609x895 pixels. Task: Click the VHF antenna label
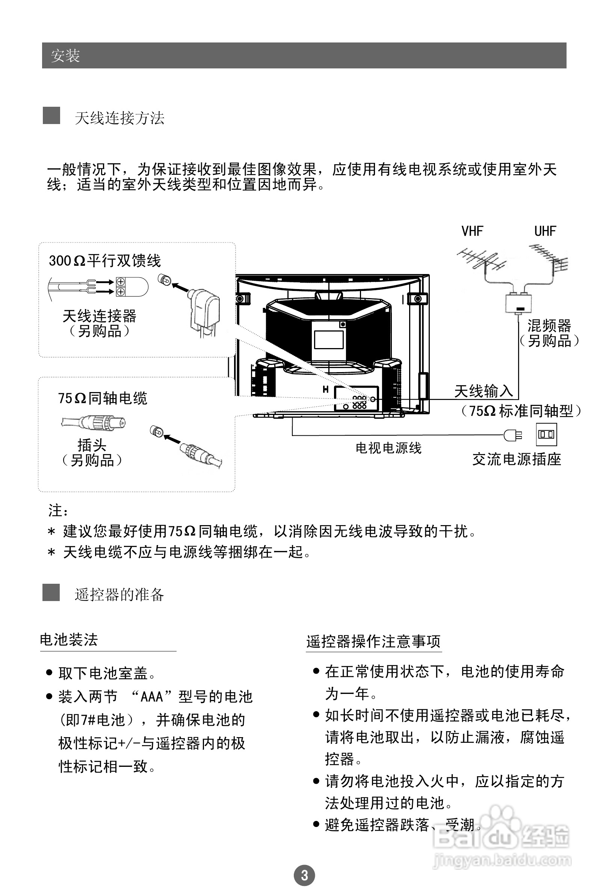point(472,231)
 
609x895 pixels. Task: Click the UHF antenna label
point(545,231)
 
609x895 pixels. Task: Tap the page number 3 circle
point(304,875)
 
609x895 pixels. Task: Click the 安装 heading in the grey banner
point(65,56)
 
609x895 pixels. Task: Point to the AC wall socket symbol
point(546,435)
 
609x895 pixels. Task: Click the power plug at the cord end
point(512,435)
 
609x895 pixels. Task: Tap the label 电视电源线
point(388,448)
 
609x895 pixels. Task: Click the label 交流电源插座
point(517,459)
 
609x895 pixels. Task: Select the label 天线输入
point(484,391)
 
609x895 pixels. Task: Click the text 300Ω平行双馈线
point(105,261)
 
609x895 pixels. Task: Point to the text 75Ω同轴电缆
point(103,398)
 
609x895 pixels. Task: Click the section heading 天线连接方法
point(119,118)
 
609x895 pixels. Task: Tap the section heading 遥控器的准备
point(119,595)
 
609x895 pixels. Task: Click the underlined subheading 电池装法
point(69,640)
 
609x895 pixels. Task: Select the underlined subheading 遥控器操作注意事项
point(373,642)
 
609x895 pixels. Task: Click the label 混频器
point(549,326)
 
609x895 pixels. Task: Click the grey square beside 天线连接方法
point(51,115)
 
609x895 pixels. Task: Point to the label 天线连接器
point(99,316)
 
